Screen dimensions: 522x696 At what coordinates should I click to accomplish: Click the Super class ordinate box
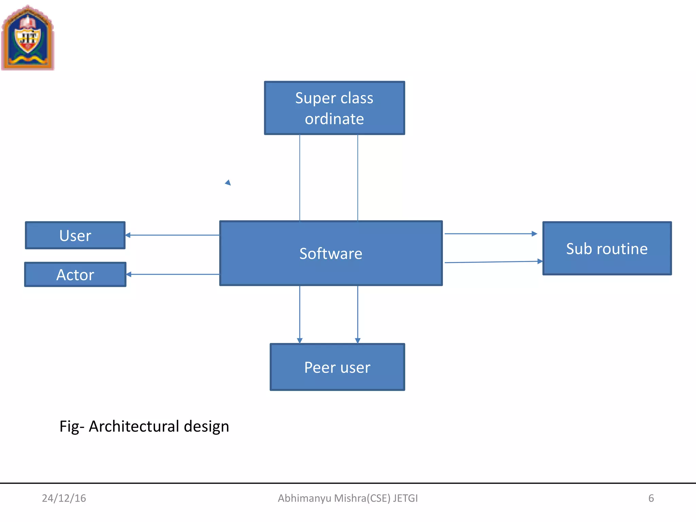[334, 108]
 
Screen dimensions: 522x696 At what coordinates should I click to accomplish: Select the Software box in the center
[331, 253]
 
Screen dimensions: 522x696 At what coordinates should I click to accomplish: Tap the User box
[75, 235]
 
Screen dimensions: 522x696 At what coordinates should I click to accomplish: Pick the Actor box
[75, 274]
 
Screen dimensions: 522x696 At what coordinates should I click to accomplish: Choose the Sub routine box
[607, 248]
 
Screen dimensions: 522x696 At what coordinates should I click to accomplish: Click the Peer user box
[337, 367]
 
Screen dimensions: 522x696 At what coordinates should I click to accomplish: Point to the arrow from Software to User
[172, 235]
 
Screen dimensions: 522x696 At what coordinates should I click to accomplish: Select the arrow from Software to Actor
[173, 274]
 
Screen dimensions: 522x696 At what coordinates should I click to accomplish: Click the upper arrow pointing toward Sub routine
[491, 234]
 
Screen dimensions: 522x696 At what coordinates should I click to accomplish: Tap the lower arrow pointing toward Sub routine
[493, 262]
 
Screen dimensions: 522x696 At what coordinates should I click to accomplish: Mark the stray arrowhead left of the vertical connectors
[228, 183]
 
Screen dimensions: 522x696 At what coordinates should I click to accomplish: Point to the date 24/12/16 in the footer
[64, 498]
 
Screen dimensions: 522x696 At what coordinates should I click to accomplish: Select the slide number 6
[651, 498]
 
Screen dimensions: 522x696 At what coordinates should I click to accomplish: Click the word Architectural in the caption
[134, 426]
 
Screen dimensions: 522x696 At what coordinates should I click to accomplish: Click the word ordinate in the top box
[334, 119]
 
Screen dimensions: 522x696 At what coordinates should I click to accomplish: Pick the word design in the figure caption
[206, 426]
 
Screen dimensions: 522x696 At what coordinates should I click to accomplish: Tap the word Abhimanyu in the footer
[304, 498]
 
